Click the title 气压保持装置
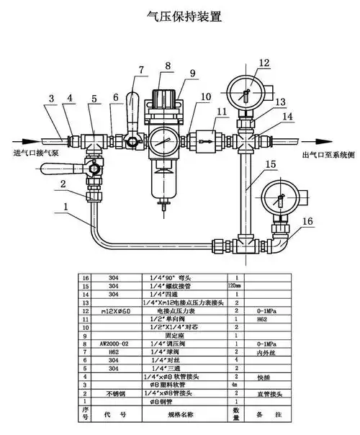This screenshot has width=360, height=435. click(x=181, y=16)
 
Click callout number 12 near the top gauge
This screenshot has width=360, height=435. click(x=264, y=63)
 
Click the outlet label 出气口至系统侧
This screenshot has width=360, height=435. click(x=323, y=153)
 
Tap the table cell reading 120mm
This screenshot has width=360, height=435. click(x=235, y=286)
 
